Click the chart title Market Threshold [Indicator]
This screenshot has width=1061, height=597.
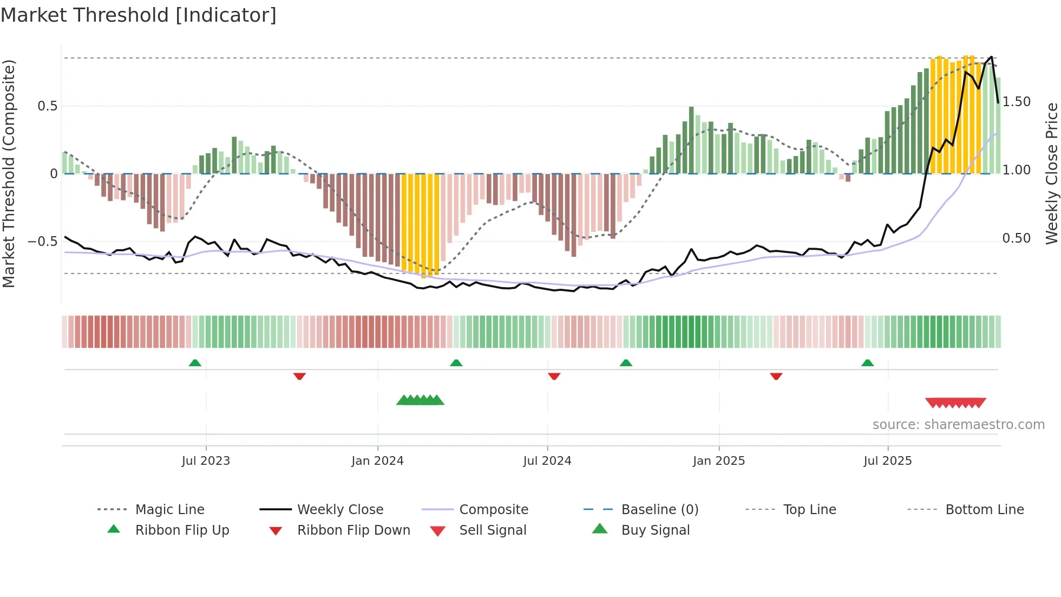click(139, 15)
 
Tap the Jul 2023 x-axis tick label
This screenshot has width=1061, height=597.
click(206, 461)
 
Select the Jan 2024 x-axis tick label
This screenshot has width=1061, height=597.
click(377, 461)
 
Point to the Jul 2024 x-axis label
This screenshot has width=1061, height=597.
click(547, 461)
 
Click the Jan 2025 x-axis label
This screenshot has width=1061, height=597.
click(719, 461)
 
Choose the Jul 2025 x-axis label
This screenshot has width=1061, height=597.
click(888, 461)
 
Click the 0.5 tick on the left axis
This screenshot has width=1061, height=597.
click(48, 106)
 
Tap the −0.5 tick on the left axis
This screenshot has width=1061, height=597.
click(43, 242)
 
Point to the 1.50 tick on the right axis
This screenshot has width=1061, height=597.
click(1017, 102)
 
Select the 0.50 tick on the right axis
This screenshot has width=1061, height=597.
click(1017, 238)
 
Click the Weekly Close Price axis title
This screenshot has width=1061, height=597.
click(1051, 173)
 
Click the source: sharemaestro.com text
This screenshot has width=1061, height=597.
click(958, 425)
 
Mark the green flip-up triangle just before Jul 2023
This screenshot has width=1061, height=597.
click(195, 363)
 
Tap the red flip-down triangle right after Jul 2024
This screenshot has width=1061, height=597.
click(554, 376)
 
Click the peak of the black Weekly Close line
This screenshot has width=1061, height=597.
click(991, 57)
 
